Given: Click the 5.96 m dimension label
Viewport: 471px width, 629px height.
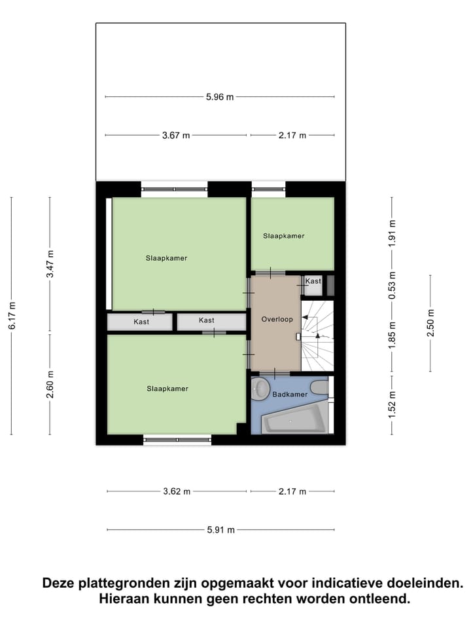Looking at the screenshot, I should tap(220, 97).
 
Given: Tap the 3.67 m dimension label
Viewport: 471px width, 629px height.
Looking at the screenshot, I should tap(176, 136).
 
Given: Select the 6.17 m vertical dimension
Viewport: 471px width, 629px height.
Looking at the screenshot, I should tap(12, 316).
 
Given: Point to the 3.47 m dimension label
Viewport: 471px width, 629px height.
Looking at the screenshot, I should tap(50, 265).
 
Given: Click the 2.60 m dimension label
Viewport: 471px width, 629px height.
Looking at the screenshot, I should tap(50, 384).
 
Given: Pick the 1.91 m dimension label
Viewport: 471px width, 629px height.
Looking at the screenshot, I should tap(392, 231).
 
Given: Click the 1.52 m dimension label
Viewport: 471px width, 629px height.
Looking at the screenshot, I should tap(392, 404).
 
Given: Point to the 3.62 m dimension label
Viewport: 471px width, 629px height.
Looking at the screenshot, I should tap(177, 491).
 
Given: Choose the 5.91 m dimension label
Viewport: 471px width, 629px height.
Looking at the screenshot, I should tap(220, 530).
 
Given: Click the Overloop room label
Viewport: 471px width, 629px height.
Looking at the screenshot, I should tap(277, 319).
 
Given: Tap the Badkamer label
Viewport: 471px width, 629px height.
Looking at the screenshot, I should tap(290, 394).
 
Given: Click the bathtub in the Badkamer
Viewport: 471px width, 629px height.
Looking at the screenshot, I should tap(294, 419).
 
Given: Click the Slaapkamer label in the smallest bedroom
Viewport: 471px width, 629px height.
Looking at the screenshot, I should tap(284, 236).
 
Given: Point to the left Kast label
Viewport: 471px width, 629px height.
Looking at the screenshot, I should tap(141, 322).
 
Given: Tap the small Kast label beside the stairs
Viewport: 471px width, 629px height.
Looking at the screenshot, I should tap(313, 281).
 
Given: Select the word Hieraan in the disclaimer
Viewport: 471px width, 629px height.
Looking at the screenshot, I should tap(125, 598).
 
